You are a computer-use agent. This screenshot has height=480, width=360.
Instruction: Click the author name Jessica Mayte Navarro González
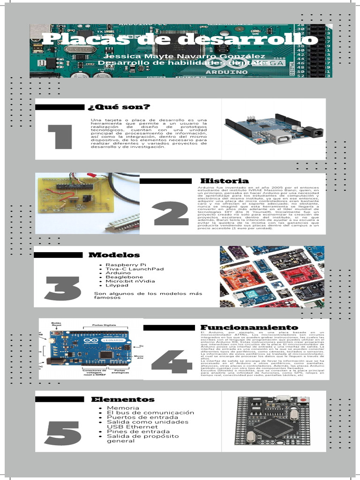(180, 56)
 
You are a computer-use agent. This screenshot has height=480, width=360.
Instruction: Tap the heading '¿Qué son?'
(119, 107)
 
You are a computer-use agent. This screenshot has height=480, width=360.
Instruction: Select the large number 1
(60, 138)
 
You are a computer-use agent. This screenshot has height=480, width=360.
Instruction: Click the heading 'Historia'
(224, 180)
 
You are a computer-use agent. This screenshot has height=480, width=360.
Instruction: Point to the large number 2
(171, 215)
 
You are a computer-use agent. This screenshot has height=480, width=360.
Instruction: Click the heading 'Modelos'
(114, 255)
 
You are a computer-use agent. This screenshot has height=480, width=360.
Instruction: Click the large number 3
(62, 289)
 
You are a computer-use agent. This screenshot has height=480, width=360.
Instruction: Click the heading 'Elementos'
(122, 399)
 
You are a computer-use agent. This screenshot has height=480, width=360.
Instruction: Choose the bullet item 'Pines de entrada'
(133, 431)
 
